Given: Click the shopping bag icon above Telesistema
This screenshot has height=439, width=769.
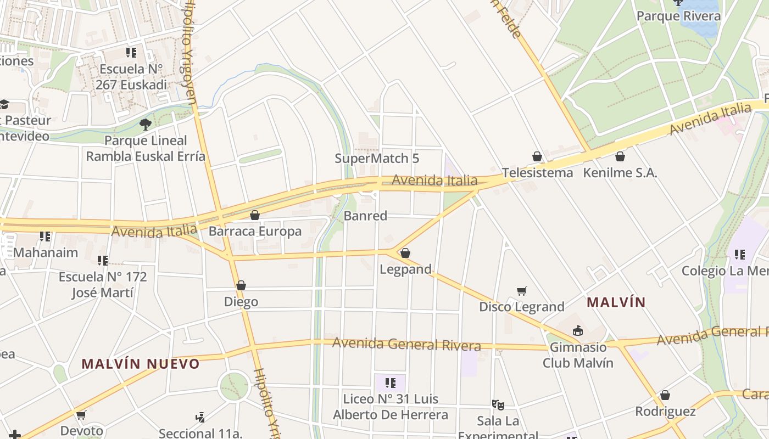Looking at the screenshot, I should point(537,157).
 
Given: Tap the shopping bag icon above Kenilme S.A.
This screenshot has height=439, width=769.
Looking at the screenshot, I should point(620,157).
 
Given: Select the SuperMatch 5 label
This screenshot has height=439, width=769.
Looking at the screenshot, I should point(377,159).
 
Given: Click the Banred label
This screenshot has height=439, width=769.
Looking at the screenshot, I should point(365,216).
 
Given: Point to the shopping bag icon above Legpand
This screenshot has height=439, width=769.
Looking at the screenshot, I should point(405,253).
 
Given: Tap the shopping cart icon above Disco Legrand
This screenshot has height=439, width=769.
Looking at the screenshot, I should point(522,291).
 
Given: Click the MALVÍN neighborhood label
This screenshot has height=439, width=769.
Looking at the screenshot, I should point(616,302).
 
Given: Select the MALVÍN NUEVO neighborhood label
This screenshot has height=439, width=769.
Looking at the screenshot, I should point(141,363).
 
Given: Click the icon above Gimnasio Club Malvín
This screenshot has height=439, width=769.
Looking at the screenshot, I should point(578,331).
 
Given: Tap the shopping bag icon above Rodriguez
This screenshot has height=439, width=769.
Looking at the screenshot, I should point(665,395).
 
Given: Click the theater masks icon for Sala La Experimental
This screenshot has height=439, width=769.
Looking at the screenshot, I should point(498,405).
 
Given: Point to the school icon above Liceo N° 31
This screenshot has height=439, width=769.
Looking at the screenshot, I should point(391,382).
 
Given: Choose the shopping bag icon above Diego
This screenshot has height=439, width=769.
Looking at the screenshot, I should point(241,285).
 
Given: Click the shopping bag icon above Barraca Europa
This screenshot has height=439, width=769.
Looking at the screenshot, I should point(255,215).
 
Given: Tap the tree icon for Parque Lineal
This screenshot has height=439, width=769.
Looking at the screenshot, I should point(146,125).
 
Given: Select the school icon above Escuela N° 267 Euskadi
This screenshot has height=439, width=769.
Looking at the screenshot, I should point(131,53).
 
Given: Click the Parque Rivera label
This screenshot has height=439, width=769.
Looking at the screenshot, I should point(678,16).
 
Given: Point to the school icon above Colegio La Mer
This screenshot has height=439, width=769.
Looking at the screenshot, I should point(740,255).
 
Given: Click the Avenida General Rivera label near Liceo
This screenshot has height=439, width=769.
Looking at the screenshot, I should point(406,344).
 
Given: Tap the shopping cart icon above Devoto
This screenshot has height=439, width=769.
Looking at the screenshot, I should point(81,415).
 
